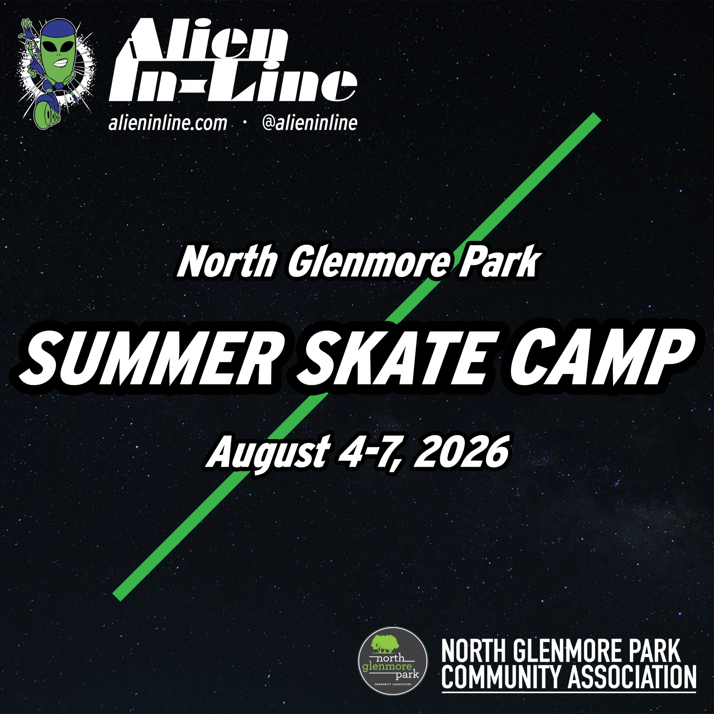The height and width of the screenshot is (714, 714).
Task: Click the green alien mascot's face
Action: pyautogui.click(x=59, y=56)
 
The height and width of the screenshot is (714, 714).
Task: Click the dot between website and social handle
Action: pyautogui.click(x=245, y=124)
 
